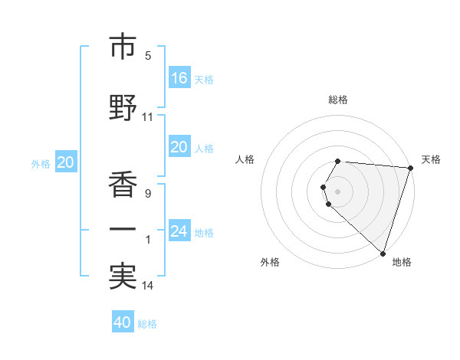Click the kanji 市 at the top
click(123, 47)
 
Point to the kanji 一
click(123, 230)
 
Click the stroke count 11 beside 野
click(148, 118)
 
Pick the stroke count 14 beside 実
click(148, 286)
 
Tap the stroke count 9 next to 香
click(148, 194)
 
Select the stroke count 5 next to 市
click(148, 56)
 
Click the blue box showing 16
click(179, 77)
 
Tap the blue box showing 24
click(179, 231)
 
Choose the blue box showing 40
click(123, 322)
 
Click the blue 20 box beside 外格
click(66, 162)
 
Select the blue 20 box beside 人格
click(179, 147)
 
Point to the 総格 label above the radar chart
click(338, 100)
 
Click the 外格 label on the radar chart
click(270, 262)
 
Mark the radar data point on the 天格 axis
click(410, 168)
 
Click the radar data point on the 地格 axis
click(383, 253)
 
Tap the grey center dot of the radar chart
click(338, 191)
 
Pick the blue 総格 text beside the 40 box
click(147, 324)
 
